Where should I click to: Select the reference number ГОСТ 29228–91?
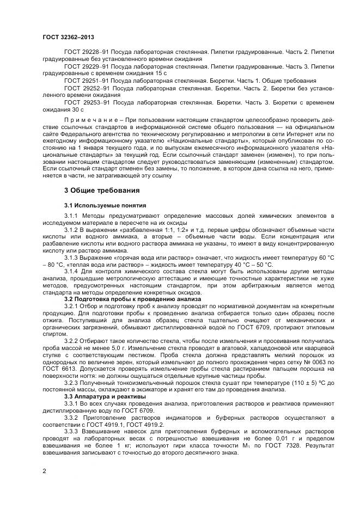[86, 51]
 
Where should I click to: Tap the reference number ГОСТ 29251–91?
[86, 80]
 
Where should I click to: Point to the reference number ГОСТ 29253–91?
[86, 102]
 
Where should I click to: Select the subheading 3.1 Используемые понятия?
[105, 205]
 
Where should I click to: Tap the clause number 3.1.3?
[73, 256]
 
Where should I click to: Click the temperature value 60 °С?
[324, 256]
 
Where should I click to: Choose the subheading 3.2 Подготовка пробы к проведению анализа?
[132, 299]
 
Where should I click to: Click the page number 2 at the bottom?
[44, 471]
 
